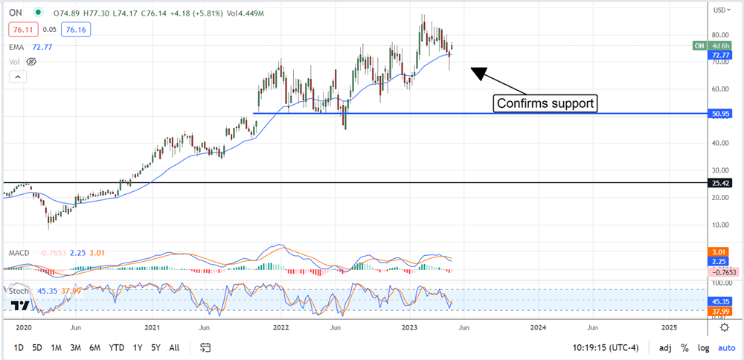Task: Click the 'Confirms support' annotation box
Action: click(546, 103)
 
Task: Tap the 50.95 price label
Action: click(720, 114)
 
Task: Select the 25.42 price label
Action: click(720, 182)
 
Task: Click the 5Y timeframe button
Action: click(155, 347)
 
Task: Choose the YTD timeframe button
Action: click(116, 347)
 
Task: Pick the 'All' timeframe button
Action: click(174, 347)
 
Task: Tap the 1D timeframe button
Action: click(19, 347)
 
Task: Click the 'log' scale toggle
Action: click(703, 347)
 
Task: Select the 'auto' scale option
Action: click(726, 347)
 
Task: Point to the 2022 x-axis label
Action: click(281, 327)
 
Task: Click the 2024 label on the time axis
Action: click(539, 327)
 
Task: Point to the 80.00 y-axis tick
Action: click(719, 35)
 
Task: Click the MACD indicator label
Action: click(19, 253)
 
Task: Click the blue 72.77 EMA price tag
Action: click(720, 55)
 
